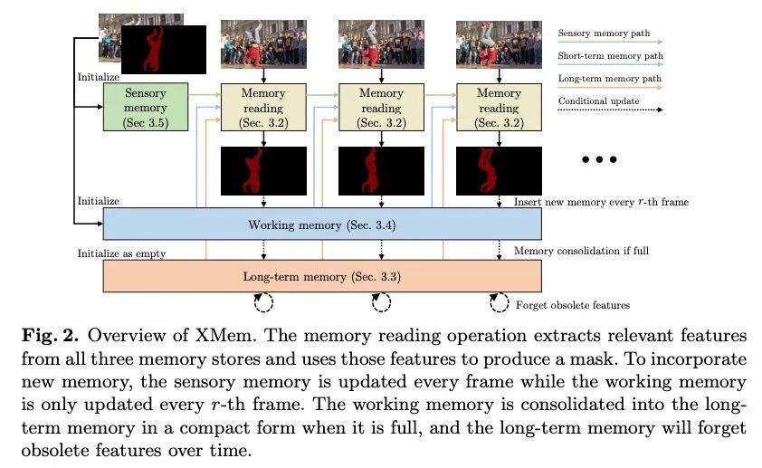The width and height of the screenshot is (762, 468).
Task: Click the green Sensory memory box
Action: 146,108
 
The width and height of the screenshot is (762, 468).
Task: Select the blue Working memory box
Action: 322,223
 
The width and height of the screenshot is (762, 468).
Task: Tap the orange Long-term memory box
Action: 322,275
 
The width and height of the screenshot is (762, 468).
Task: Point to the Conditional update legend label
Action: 598,100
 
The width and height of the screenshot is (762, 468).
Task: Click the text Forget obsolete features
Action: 572,304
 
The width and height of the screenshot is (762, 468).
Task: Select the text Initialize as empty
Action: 121,253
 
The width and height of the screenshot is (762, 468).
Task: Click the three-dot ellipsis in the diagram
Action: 599,159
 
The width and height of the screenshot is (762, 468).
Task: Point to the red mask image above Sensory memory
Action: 164,49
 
